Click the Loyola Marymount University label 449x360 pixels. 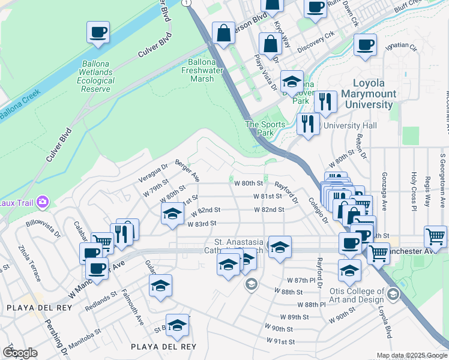(369, 94)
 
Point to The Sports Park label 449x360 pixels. (259, 128)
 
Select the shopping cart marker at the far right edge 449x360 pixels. (435, 236)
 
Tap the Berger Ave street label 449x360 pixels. (187, 170)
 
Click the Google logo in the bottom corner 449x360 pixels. (20, 352)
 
